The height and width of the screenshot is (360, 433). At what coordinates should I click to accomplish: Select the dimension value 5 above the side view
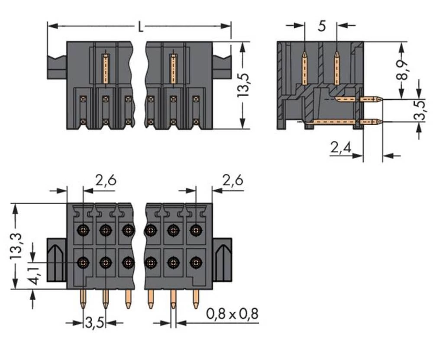click(x=321, y=26)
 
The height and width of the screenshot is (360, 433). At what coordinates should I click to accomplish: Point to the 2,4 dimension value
click(x=340, y=149)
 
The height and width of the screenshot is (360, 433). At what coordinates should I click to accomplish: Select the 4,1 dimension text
click(x=33, y=276)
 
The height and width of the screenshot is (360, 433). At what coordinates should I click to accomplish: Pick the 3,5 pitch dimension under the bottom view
click(x=94, y=323)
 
